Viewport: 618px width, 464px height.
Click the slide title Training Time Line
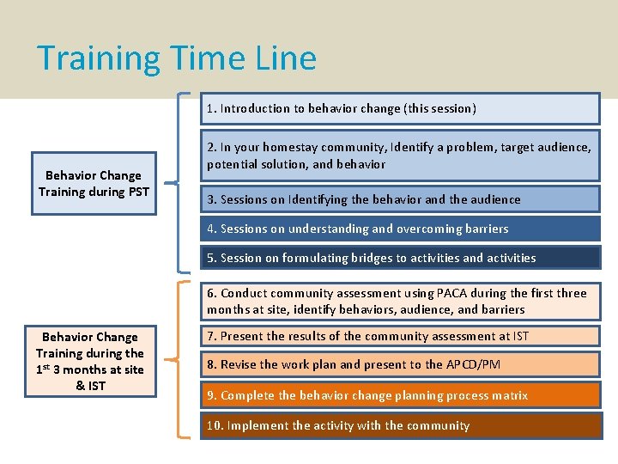177,58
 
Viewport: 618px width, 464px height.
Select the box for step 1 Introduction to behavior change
400,108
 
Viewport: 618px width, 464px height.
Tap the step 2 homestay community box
400,156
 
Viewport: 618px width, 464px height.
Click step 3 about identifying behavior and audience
400,199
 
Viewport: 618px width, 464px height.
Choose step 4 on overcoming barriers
400,229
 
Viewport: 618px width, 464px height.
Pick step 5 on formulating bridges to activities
400,258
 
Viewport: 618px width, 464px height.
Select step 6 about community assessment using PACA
400,301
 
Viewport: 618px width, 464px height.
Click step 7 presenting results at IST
400,336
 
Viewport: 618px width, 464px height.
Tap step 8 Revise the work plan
400,364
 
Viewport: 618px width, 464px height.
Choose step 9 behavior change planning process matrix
400,395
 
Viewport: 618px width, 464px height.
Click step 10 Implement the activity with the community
400,425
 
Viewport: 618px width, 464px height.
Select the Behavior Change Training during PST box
94,183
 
